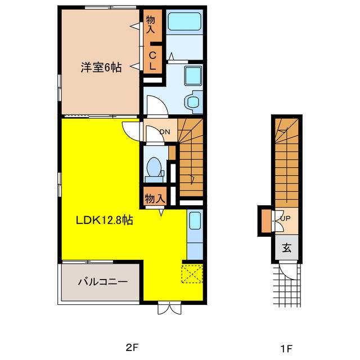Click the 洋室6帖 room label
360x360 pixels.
point(101,67)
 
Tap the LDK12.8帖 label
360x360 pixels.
point(105,220)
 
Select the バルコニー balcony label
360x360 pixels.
point(103,282)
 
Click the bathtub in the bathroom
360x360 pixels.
point(184,21)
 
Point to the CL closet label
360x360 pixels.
point(152,61)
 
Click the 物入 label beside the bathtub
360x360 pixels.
point(151,25)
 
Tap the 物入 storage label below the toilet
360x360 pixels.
point(155,198)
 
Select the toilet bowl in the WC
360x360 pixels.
point(154,167)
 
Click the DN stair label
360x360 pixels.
point(165,132)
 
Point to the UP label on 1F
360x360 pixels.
point(285,218)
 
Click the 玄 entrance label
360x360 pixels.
point(287,247)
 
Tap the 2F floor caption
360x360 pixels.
point(132,348)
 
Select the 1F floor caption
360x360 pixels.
point(286,349)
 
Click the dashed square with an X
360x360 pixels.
point(192,274)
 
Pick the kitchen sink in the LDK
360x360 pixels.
point(195,220)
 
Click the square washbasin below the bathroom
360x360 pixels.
point(193,75)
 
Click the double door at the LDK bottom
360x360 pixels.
point(169,308)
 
